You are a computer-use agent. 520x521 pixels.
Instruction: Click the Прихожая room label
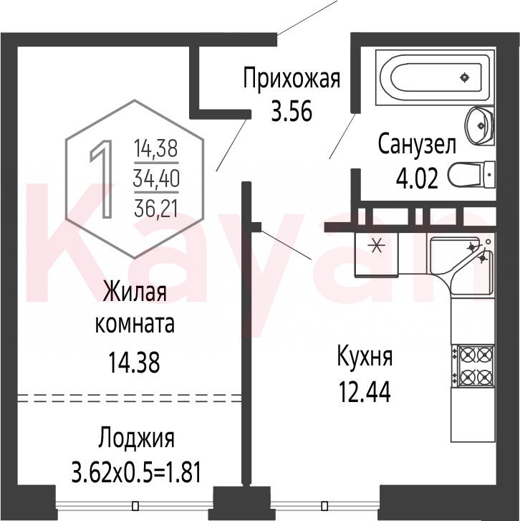(x=292, y=78)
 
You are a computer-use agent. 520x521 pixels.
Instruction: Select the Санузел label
(x=417, y=144)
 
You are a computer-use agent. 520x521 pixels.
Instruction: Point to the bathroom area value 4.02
(x=417, y=178)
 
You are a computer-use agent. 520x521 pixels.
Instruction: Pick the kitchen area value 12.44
(x=365, y=392)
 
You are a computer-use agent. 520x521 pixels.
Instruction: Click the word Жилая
(x=135, y=291)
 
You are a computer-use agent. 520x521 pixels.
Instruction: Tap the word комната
(x=135, y=324)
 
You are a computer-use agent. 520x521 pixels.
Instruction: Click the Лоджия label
(x=136, y=439)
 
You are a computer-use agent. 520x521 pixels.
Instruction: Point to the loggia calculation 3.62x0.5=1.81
(x=136, y=473)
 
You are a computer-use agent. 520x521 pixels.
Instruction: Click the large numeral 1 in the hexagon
(x=102, y=179)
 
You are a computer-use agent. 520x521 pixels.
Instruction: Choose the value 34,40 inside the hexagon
(x=156, y=178)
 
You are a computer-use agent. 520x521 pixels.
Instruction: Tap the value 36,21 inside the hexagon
(x=156, y=209)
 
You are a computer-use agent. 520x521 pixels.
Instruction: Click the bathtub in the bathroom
(x=435, y=77)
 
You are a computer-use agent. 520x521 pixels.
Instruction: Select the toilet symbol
(x=471, y=174)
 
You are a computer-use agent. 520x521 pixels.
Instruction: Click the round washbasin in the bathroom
(x=480, y=125)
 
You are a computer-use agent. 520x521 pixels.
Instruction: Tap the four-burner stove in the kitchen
(x=476, y=366)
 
